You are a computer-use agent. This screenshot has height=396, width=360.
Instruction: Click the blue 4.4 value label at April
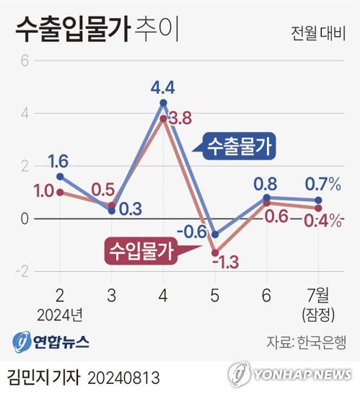click(x=163, y=89)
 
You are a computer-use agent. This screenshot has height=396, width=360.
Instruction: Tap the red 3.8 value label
click(x=178, y=118)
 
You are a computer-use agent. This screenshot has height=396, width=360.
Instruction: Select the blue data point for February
click(x=60, y=176)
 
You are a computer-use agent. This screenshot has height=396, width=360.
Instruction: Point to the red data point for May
click(x=215, y=252)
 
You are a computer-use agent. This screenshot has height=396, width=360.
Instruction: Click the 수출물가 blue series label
click(x=239, y=146)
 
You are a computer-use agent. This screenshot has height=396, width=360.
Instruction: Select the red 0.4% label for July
click(x=322, y=221)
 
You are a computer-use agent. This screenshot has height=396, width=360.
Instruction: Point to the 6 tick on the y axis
click(x=25, y=61)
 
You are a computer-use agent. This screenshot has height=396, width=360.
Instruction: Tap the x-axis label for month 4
click(x=163, y=296)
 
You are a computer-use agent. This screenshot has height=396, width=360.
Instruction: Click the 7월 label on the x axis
click(x=317, y=296)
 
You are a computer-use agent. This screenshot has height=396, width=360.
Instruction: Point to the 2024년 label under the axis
click(x=60, y=314)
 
